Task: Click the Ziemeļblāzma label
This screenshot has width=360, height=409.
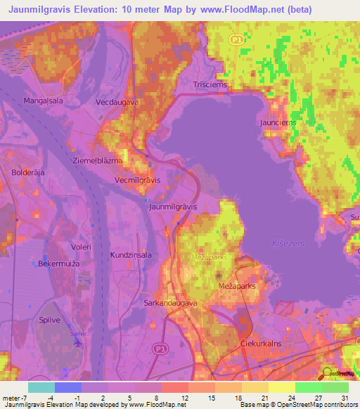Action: pos(98,160)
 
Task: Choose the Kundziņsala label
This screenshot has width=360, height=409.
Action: pos(131,255)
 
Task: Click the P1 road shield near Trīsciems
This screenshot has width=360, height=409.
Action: pos(238,41)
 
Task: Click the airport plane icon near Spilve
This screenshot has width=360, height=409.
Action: pos(76,342)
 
